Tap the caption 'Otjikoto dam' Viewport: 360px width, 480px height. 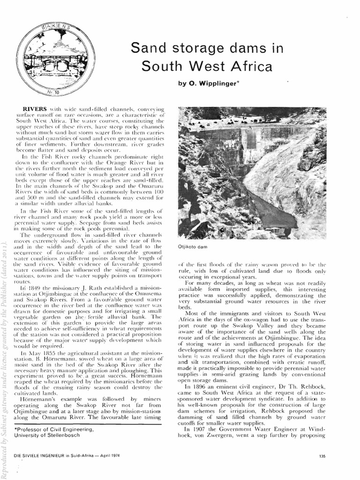click(x=193, y=246)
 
